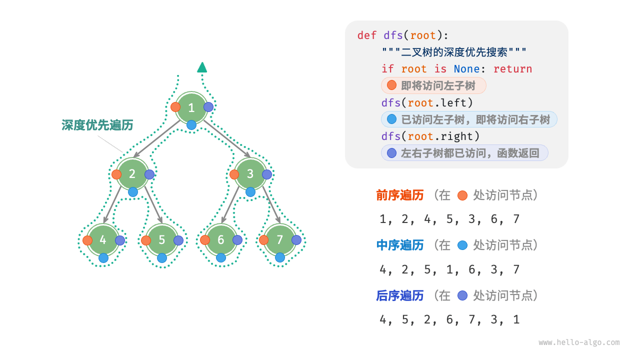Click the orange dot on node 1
pyautogui.click(x=175, y=107)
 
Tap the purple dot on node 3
pyautogui.click(x=267, y=174)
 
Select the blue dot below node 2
pyautogui.click(x=133, y=192)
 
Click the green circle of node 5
pyautogui.click(x=161, y=240)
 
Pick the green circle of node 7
pyautogui.click(x=280, y=240)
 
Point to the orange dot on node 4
pyautogui.click(x=87, y=240)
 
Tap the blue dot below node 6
pyautogui.click(x=221, y=258)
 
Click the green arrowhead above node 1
pyautogui.click(x=202, y=67)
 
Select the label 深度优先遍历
pyautogui.click(x=97, y=125)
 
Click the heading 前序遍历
pyautogui.click(x=400, y=195)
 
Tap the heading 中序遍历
pyautogui.click(x=400, y=245)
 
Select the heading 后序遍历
pyautogui.click(x=400, y=295)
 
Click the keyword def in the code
pyautogui.click(x=367, y=35)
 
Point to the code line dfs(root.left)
pyautogui.click(x=427, y=102)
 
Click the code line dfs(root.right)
pyautogui.click(x=430, y=136)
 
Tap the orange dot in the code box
pyautogui.click(x=391, y=85)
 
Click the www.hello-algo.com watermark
pyautogui.click(x=579, y=342)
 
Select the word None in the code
pyautogui.click(x=466, y=69)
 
